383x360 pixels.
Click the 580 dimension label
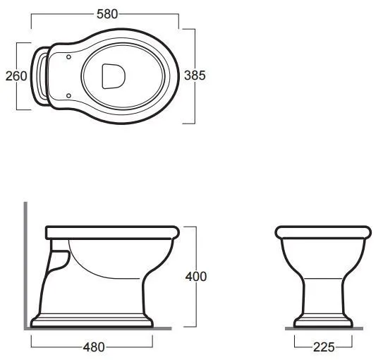point(107,14)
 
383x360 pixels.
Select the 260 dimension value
point(16,76)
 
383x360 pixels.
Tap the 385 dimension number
point(195,76)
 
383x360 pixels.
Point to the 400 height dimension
point(196,277)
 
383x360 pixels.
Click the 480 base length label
point(94,347)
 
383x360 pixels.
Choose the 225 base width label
point(324,347)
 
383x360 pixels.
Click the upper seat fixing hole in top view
point(68,57)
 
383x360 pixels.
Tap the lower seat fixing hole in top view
point(68,95)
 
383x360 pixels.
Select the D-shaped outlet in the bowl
point(114,76)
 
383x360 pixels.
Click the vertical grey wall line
point(25,265)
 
